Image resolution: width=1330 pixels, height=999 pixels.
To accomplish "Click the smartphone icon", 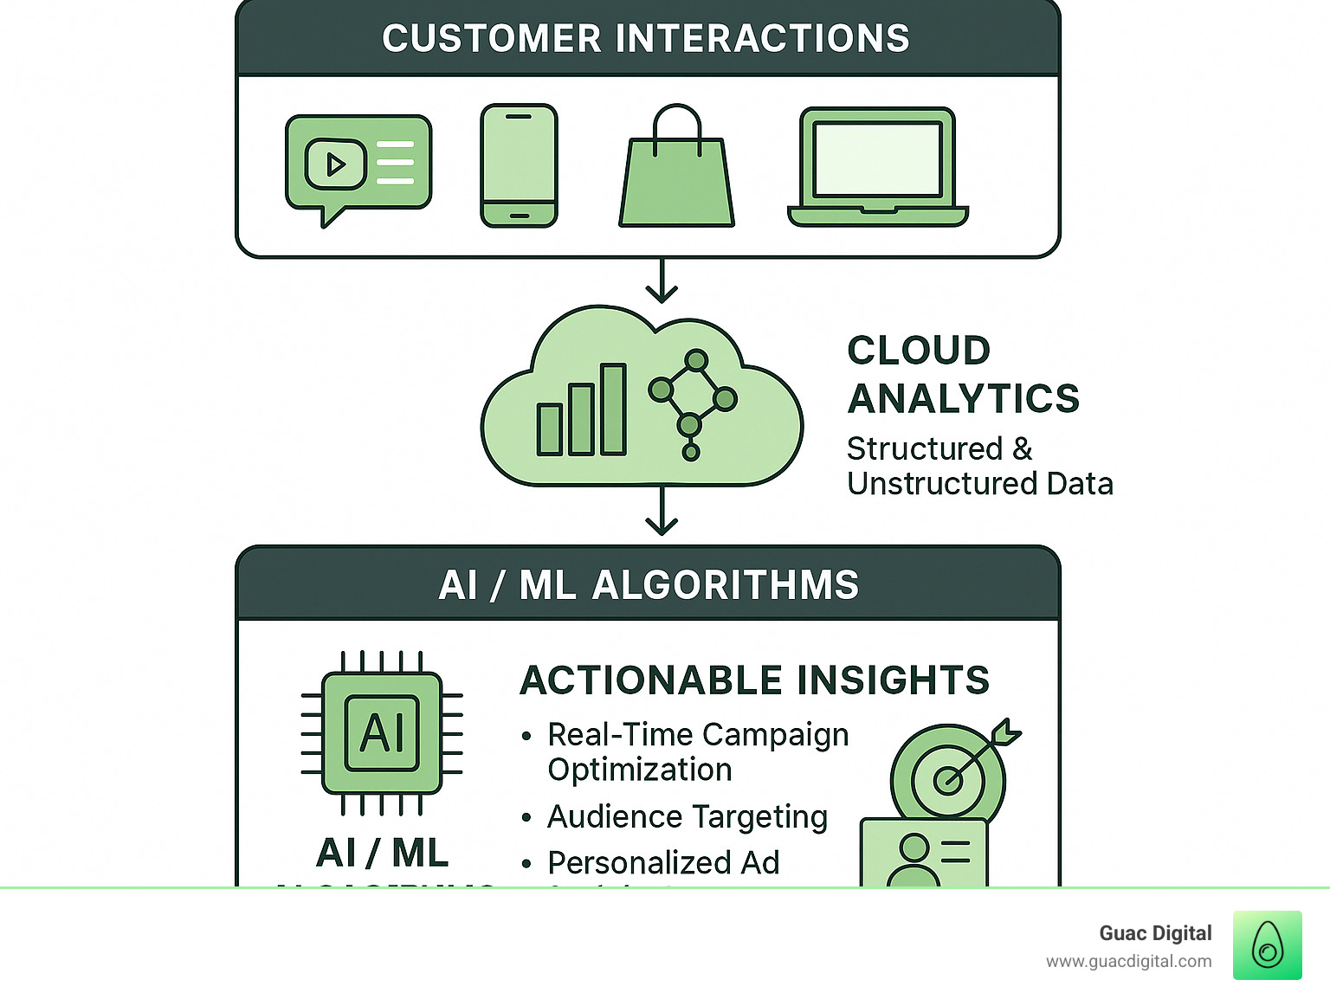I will [x=519, y=165].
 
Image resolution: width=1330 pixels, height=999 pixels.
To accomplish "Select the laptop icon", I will [x=877, y=166].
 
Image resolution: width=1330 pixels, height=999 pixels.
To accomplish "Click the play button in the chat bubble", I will [x=335, y=164].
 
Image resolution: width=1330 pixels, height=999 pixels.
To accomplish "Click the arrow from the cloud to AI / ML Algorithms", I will [x=662, y=511].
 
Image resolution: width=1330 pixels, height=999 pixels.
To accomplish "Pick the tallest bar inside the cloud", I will [x=613, y=409].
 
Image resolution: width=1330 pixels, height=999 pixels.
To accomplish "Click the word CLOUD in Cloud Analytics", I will [x=919, y=351].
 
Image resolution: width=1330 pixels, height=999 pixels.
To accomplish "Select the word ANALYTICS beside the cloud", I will [x=963, y=399].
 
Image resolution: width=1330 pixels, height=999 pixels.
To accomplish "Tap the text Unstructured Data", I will [x=979, y=484].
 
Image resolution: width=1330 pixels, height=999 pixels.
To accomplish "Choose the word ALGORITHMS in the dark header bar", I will [x=726, y=585].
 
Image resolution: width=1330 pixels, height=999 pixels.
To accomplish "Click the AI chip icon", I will [x=382, y=733].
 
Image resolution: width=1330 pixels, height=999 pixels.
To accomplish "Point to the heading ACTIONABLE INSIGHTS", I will [x=754, y=680].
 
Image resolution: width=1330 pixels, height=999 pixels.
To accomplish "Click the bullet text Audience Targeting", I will [x=688, y=816].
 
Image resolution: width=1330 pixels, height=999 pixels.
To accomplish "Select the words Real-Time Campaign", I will [x=698, y=735].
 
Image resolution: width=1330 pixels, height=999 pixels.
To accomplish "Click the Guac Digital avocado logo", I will [x=1267, y=945].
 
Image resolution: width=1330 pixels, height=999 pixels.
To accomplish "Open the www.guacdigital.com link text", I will [x=1128, y=962].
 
